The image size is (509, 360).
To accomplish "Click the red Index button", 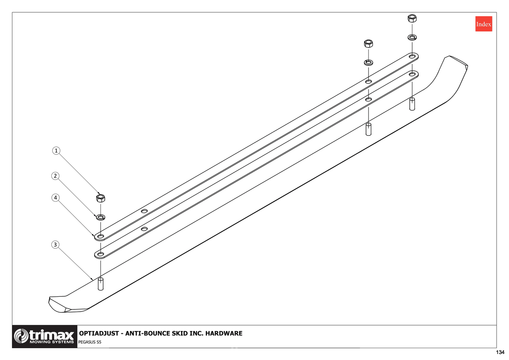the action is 484,24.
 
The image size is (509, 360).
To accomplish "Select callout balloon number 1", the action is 56,151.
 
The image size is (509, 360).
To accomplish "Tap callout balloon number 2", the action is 56,176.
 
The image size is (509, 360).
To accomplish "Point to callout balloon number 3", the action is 56,245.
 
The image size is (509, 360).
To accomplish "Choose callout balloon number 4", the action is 56,198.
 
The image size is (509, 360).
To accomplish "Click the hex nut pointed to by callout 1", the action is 101,198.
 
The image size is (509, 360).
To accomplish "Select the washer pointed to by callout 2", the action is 101,217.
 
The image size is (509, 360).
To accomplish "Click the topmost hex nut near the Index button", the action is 412,18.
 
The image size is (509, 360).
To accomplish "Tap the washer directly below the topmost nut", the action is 412,37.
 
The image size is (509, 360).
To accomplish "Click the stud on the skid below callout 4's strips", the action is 101,284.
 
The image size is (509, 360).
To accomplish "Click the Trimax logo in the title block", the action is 45,337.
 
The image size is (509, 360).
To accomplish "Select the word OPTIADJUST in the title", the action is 99,333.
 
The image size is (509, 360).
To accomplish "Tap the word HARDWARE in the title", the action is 224,333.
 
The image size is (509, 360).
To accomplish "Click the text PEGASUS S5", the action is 90,342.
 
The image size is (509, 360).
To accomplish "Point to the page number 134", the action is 500,352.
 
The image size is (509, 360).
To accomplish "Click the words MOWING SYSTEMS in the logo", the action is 52,342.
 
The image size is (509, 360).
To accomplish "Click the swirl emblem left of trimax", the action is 21,336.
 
